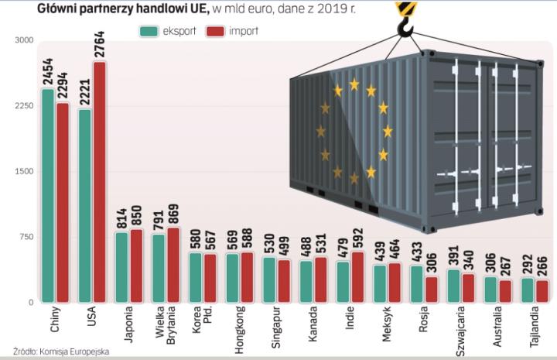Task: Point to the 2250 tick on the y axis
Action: click(23, 106)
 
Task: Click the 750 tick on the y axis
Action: click(26, 237)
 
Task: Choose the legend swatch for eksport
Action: click(149, 31)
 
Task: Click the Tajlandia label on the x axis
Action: click(535, 328)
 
